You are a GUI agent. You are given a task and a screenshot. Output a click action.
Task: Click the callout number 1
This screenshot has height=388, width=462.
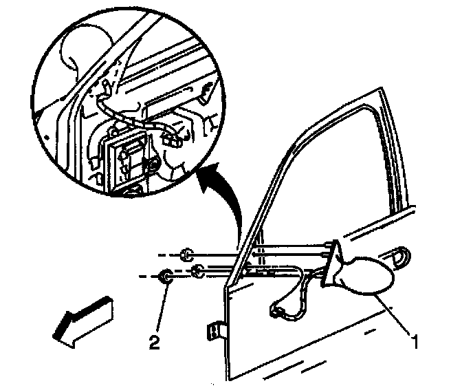pyautogui.click(x=415, y=338)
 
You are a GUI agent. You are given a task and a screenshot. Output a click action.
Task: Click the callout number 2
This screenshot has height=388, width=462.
pyautogui.click(x=157, y=340)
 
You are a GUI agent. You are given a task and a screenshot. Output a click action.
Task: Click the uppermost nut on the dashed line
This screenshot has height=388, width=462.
pyautogui.click(x=186, y=257)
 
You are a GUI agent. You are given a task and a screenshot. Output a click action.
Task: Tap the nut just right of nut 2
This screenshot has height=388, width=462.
pyautogui.click(x=197, y=269)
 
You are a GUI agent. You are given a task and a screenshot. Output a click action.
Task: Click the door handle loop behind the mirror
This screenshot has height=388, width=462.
pyautogui.click(x=399, y=257)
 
